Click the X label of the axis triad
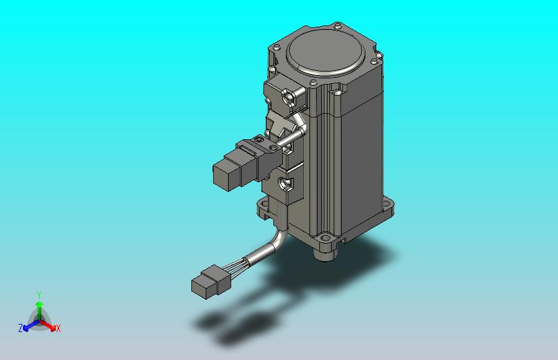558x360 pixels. (x=58, y=328)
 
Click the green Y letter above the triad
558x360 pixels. (x=39, y=295)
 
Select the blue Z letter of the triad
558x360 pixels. (x=21, y=328)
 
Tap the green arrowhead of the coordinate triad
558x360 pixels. (x=39, y=304)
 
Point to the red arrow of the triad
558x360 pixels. (x=47, y=325)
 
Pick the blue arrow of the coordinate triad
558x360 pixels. (x=31, y=325)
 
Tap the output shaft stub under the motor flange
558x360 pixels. (x=324, y=254)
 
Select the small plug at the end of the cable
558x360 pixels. (x=210, y=282)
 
